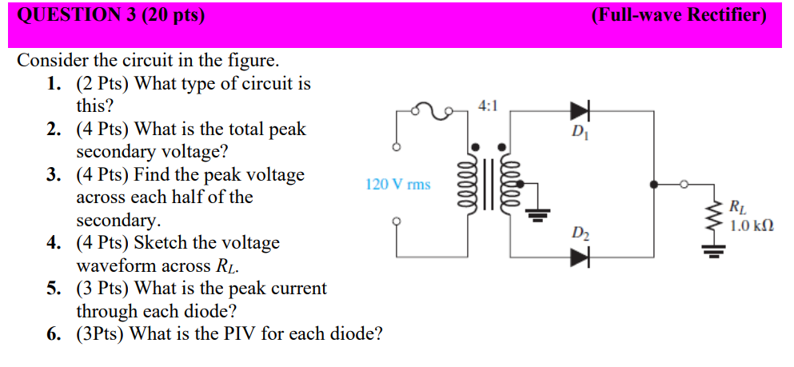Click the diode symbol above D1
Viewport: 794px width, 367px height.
580,110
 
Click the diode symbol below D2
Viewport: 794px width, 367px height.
580,257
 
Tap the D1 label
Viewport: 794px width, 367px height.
580,132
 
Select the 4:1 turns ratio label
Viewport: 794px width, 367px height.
488,106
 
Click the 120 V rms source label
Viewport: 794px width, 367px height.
397,185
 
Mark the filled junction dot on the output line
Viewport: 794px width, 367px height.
655,185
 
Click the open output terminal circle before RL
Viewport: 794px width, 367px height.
683,185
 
